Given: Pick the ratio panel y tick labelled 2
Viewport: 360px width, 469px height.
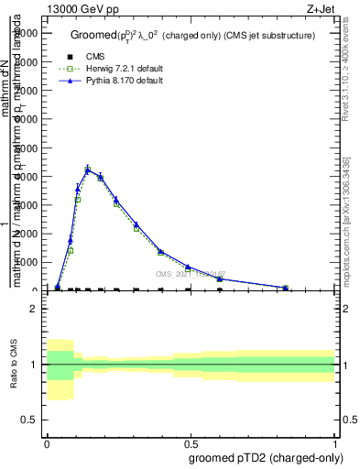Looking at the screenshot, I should [33, 309].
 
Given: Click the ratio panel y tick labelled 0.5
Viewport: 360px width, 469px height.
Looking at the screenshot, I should [29, 420].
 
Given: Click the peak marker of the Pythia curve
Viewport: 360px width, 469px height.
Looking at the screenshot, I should [88, 169].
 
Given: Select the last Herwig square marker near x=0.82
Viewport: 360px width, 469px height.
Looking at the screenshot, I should [285, 289].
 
